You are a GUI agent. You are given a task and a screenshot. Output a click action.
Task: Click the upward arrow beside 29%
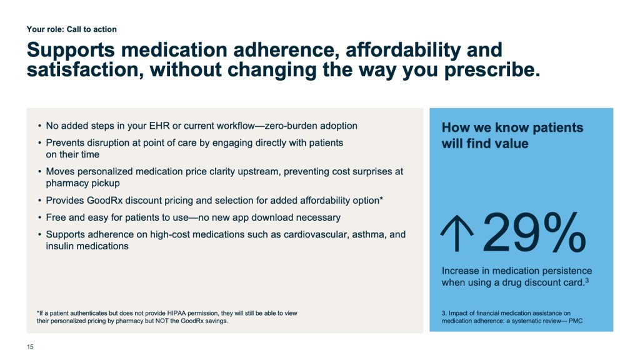pos(457,234)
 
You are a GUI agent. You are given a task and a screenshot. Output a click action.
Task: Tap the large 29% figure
pos(534,232)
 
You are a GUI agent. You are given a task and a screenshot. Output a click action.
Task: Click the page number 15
pos(30,347)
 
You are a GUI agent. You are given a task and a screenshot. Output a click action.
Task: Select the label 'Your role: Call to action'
pos(72,29)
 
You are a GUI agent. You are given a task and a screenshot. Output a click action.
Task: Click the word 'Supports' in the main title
pos(71,51)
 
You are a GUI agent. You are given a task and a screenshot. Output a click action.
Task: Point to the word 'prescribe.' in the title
pos(492,70)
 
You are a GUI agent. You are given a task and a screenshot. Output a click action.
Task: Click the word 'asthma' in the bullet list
pos(369,235)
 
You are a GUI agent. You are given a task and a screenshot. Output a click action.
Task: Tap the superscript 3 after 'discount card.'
pos(587,280)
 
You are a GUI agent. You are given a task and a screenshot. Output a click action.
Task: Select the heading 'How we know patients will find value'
pos(512,136)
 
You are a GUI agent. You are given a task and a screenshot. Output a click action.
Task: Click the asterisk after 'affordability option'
pos(381,199)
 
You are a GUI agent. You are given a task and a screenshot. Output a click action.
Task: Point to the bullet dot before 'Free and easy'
pos(39,217)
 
